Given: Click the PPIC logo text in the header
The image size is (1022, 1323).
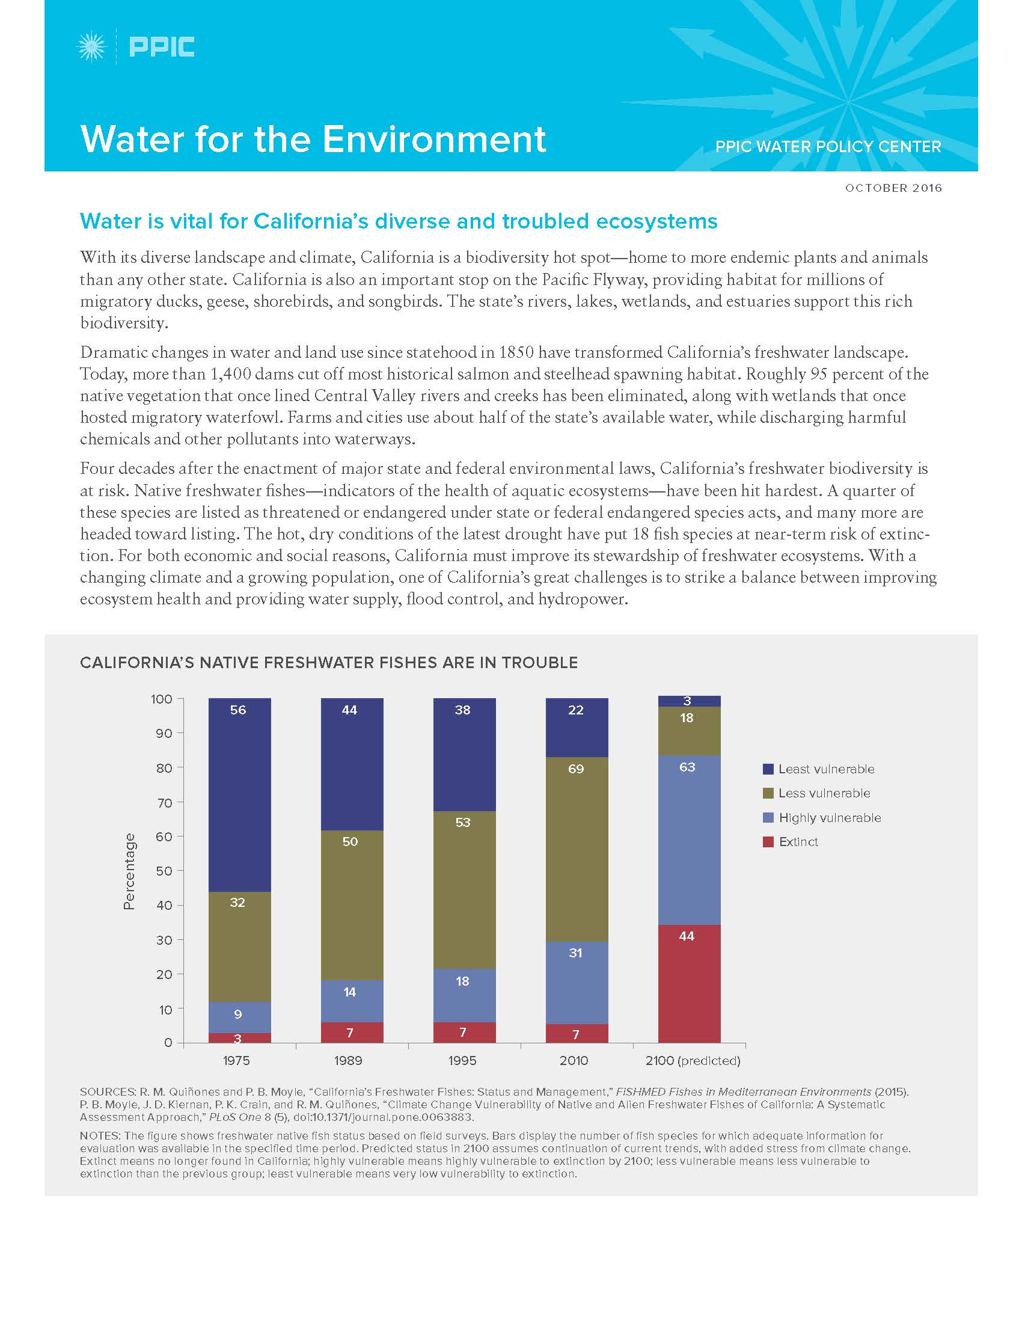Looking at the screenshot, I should click(x=162, y=47).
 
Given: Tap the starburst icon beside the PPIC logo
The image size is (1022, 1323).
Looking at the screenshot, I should click(x=92, y=47).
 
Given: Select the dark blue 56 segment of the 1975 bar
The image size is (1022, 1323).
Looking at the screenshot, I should click(x=239, y=794).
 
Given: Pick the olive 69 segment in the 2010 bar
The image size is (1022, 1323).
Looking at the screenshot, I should click(x=577, y=848).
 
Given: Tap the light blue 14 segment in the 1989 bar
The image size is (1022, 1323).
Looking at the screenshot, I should click(x=351, y=1001).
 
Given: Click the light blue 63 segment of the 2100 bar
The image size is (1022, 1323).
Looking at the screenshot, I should click(x=689, y=840).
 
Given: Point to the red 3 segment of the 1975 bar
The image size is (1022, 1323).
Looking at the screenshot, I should click(x=239, y=1038).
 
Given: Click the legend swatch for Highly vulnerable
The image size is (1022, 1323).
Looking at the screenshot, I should click(x=768, y=818).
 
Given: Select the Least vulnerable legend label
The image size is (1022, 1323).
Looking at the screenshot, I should click(x=826, y=769).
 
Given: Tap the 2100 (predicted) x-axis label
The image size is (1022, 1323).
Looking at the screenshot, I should click(x=693, y=1060).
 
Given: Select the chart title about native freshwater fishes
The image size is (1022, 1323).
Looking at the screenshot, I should click(x=329, y=663).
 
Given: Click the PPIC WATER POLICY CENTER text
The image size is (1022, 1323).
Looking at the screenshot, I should click(x=828, y=147).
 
